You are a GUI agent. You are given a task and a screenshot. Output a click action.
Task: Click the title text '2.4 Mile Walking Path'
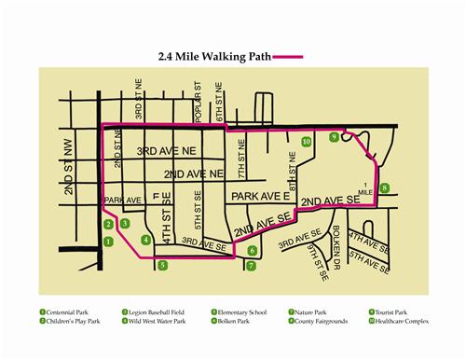point(208,56)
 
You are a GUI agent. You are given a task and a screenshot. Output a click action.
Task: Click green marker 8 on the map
point(384,187)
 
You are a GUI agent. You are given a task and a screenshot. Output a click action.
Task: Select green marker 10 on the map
point(307,142)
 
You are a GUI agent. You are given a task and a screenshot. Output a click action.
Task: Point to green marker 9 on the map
point(334,137)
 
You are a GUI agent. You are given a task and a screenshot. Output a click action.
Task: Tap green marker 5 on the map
point(163,266)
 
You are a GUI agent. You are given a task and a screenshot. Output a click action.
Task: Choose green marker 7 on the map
point(249,266)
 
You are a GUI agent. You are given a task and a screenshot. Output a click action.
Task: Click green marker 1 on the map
point(109,241)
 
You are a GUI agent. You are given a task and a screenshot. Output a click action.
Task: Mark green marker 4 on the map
point(145,240)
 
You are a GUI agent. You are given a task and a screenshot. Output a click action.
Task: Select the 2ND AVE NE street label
point(193,174)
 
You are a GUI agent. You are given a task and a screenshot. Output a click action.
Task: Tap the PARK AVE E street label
point(260,198)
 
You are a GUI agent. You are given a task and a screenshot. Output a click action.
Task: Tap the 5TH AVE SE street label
point(369,252)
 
